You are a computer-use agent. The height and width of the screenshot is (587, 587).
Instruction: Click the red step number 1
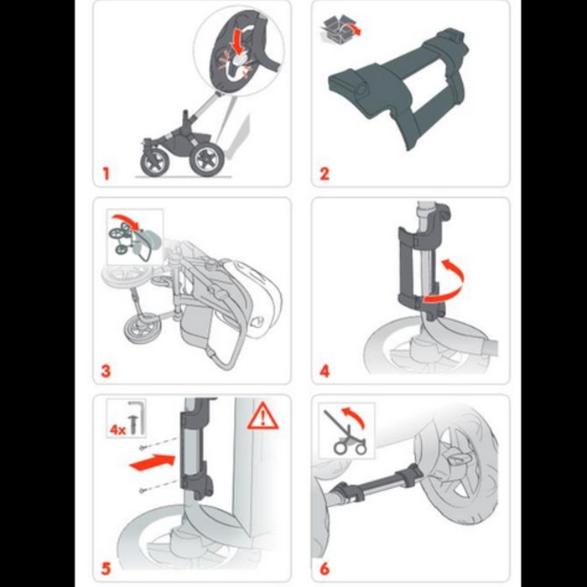[x=106, y=174]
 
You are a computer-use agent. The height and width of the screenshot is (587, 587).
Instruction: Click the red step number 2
[x=325, y=174]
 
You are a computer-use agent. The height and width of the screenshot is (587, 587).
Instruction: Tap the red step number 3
[x=106, y=370]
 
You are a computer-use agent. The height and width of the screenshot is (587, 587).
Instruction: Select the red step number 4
[x=325, y=370]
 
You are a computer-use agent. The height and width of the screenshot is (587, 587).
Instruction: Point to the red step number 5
[x=106, y=569]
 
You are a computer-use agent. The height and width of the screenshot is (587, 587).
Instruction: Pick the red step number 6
[x=325, y=569]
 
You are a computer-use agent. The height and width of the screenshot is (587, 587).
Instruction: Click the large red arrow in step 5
[x=156, y=460]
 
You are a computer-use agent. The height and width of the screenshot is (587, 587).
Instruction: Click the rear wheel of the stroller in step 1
[x=205, y=158]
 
